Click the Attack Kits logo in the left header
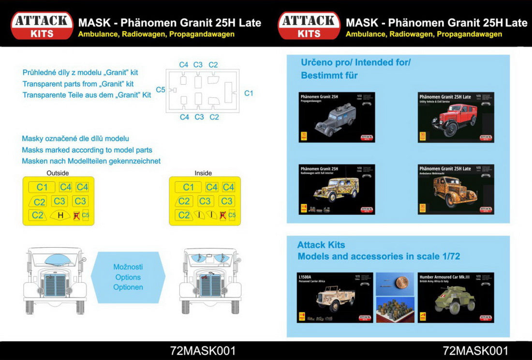[x=42, y=26]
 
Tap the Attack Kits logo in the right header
[x=309, y=26]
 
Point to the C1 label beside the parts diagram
[x=249, y=93]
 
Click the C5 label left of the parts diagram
[x=161, y=90]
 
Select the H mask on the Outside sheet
[x=60, y=215]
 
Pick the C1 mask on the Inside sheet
[x=188, y=187]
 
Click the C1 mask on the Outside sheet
[x=42, y=187]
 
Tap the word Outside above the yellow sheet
[x=58, y=173]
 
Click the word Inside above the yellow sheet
[x=203, y=173]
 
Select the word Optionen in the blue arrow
[x=128, y=287]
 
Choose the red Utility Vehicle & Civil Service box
[x=456, y=117]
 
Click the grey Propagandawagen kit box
[x=337, y=117]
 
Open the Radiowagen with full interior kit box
[x=337, y=189]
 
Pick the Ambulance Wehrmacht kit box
[x=456, y=189]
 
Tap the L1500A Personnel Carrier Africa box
[x=335, y=298]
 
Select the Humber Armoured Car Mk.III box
[x=456, y=298]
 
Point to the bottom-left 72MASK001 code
[x=203, y=351]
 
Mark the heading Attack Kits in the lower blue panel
[x=321, y=245]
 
